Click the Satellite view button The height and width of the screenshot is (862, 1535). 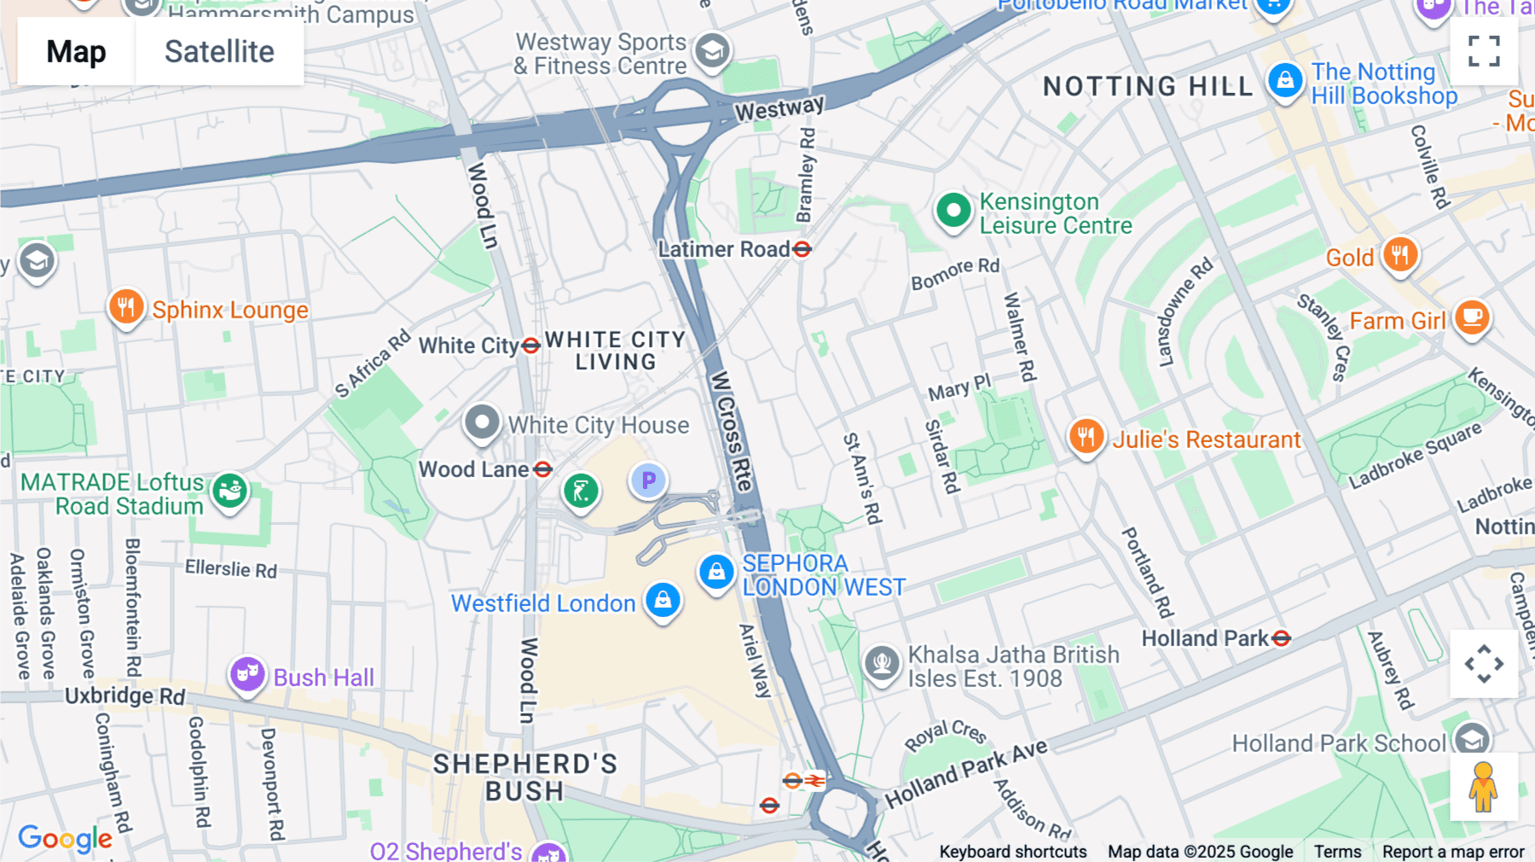[219, 52]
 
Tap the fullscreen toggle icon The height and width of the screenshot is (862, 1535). [1484, 51]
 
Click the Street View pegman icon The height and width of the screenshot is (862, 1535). [1483, 787]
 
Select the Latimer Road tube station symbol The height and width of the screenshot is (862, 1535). [802, 249]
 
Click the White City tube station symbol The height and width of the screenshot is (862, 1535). [531, 346]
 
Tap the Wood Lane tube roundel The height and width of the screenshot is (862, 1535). [543, 469]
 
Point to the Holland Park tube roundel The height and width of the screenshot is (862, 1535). [1281, 638]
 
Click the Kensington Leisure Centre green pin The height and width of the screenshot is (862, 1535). [953, 211]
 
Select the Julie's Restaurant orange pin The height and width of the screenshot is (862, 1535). [1086, 437]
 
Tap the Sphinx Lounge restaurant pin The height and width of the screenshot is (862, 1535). [126, 307]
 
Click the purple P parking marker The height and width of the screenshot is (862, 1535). [648, 481]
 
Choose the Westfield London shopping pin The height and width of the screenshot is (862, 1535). [663, 601]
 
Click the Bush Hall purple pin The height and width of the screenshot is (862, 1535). [247, 675]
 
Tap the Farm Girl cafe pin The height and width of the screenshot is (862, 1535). [1472, 318]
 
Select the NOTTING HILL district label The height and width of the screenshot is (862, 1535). [1148, 86]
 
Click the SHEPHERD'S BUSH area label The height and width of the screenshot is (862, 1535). [524, 777]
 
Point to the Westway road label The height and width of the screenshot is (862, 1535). [779, 108]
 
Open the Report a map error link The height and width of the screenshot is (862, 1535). [1453, 852]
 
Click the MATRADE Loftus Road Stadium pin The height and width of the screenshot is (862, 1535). [229, 492]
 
